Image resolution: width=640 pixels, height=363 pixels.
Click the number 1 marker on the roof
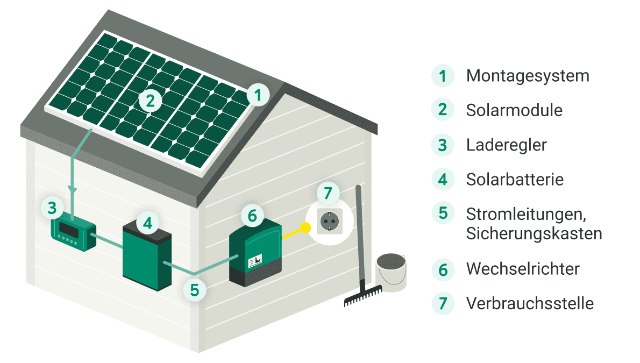258,96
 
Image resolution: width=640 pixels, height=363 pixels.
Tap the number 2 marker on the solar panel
150,100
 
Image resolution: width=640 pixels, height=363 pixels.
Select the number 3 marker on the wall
52,208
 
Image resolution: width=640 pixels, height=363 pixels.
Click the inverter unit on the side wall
255,253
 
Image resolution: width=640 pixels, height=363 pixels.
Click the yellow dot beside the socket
305,227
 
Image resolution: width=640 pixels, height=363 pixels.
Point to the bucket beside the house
391,272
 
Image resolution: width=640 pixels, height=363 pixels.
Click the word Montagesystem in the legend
528,76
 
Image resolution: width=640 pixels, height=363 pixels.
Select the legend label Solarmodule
514,110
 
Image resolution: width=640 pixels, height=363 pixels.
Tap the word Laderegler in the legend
507,145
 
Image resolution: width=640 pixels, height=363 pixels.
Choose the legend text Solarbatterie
515,179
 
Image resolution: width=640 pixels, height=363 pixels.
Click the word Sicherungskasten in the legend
534,234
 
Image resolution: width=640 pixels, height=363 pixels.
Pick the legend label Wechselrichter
523,268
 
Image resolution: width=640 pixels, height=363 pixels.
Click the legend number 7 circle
443,303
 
